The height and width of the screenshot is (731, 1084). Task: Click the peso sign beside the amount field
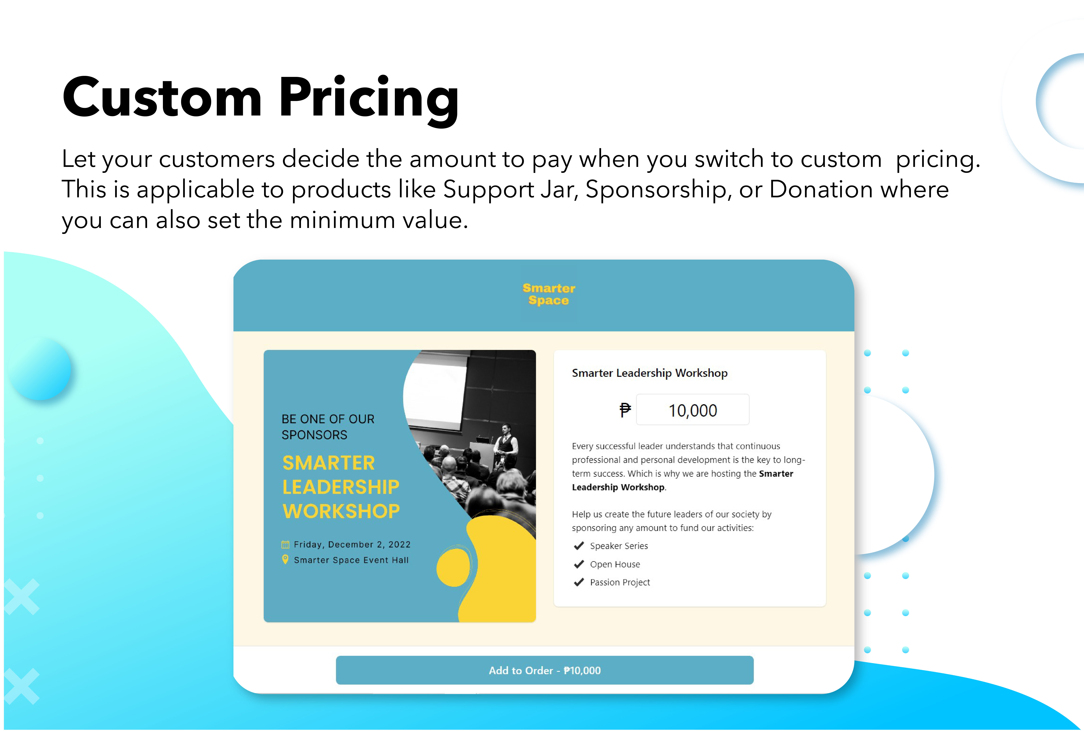tap(625, 410)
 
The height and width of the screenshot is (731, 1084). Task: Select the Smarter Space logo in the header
tap(549, 294)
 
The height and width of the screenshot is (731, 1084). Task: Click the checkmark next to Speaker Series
tap(579, 545)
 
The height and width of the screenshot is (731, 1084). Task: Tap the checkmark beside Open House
tap(579, 564)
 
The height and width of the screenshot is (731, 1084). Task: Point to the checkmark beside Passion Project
tap(579, 582)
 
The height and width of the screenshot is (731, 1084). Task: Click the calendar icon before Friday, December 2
tap(285, 545)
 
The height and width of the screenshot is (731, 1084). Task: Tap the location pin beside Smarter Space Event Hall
tap(285, 560)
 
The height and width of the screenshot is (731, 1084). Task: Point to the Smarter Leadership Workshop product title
tap(649, 373)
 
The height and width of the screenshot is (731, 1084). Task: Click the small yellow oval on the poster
tap(453, 567)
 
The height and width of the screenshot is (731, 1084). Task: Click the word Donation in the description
tap(821, 189)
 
